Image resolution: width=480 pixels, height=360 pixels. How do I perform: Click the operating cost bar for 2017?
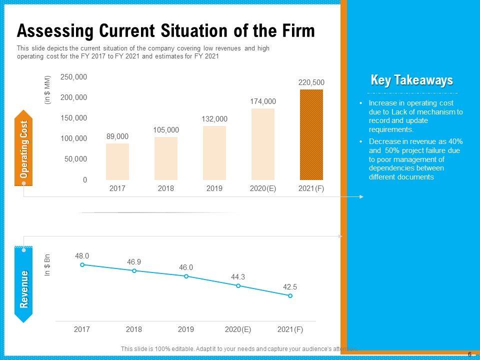click(117, 161)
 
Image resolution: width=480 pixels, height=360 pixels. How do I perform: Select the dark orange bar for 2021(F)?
click(311, 134)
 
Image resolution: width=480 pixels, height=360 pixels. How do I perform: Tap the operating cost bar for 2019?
click(214, 152)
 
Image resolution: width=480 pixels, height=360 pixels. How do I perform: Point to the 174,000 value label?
click(263, 101)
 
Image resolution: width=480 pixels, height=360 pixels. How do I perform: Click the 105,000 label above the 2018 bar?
click(166, 130)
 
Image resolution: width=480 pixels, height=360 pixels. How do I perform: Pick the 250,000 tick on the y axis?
click(74, 77)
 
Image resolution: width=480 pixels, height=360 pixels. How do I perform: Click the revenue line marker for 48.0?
click(82, 264)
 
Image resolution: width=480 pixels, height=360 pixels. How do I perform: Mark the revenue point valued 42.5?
click(290, 296)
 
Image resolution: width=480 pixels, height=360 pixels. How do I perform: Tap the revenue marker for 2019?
click(186, 276)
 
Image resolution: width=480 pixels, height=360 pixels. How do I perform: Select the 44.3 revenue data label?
click(238, 277)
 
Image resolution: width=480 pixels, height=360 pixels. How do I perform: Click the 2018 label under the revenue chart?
click(134, 329)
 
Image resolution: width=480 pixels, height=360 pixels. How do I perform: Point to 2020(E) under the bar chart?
click(263, 188)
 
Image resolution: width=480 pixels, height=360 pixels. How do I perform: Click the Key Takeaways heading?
click(412, 80)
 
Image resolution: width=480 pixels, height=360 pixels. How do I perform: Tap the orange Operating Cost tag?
click(24, 149)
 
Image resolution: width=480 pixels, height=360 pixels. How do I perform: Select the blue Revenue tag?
click(24, 288)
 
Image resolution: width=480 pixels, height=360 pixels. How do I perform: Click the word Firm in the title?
click(297, 31)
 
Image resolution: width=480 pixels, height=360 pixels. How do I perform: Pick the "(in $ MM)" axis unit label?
click(48, 89)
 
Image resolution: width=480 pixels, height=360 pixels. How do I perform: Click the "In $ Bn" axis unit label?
click(48, 266)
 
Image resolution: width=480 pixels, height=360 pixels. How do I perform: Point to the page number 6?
click(469, 354)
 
